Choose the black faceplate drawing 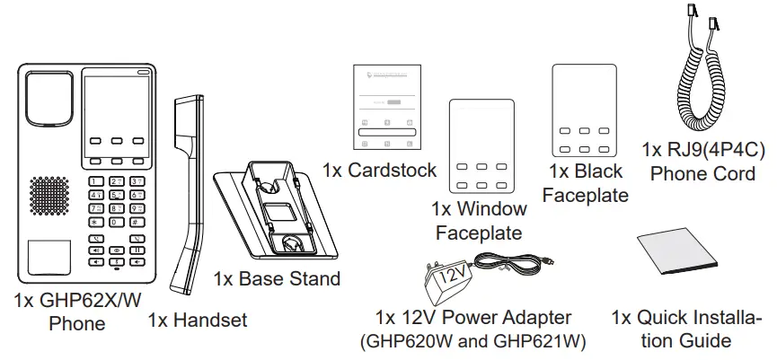coord(578,112)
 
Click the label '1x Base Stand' coord(277,279)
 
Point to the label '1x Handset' coord(197,319)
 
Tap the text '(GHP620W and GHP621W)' coord(472,341)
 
